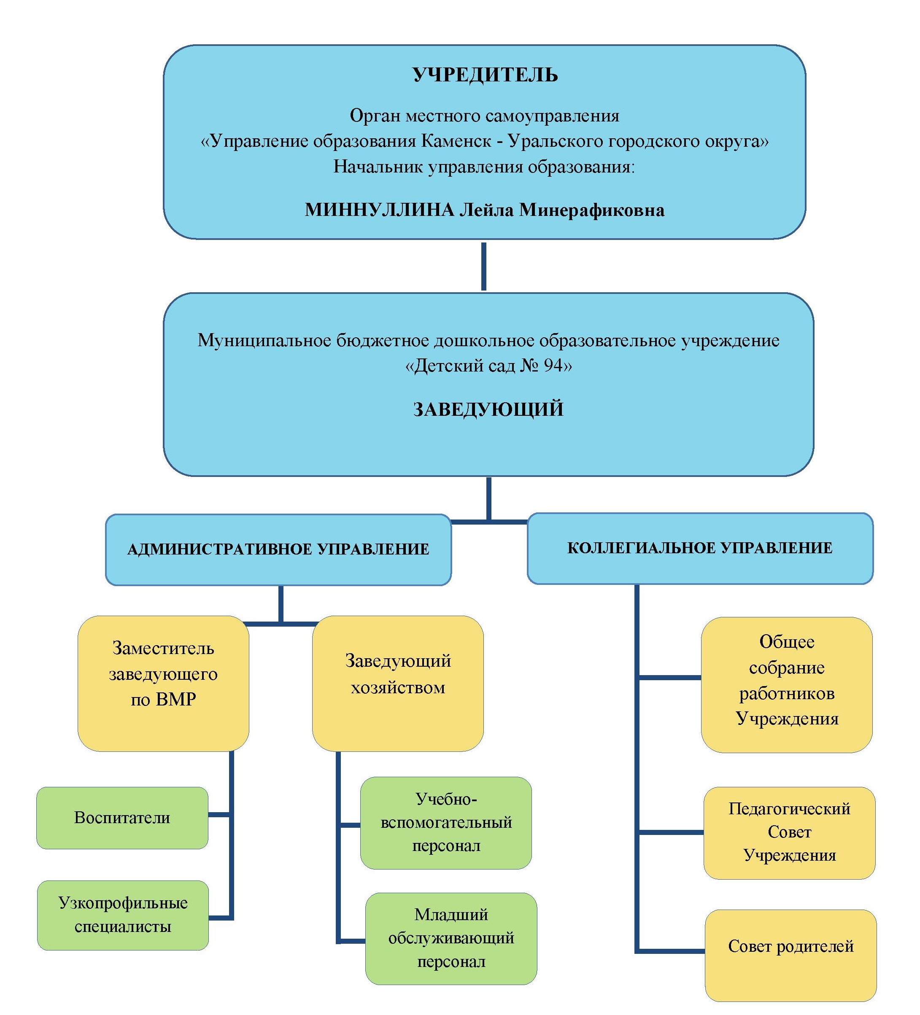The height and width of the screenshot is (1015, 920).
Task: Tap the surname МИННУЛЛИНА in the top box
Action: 379,210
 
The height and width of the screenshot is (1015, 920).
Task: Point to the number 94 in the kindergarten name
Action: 553,365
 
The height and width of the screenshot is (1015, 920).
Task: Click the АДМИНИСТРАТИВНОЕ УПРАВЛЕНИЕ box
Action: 278,549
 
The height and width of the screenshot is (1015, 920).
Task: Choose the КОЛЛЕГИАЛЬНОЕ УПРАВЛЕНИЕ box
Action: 699,548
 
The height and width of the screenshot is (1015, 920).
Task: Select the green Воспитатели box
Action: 122,817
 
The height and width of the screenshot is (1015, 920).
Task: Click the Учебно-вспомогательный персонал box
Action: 445,822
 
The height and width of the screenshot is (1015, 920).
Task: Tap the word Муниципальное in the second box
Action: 264,340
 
